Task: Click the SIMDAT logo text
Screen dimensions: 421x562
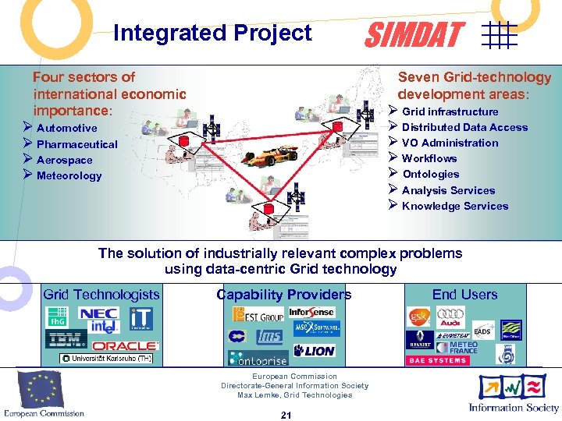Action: pos(415,35)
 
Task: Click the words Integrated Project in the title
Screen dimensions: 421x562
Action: pos(212,33)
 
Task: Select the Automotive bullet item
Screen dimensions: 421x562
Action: pos(66,128)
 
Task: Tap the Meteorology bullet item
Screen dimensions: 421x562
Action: pos(69,175)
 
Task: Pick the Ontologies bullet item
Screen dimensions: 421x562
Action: pos(430,174)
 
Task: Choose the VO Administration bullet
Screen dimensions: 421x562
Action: pos(450,143)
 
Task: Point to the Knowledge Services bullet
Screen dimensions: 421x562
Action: pos(454,206)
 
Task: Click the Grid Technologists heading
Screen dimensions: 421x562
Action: pos(101,294)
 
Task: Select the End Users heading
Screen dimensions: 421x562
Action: pos(464,294)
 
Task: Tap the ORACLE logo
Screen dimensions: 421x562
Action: pos(125,345)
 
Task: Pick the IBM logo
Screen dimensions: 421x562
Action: pos(66,339)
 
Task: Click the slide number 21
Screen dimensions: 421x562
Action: pos(286,415)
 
